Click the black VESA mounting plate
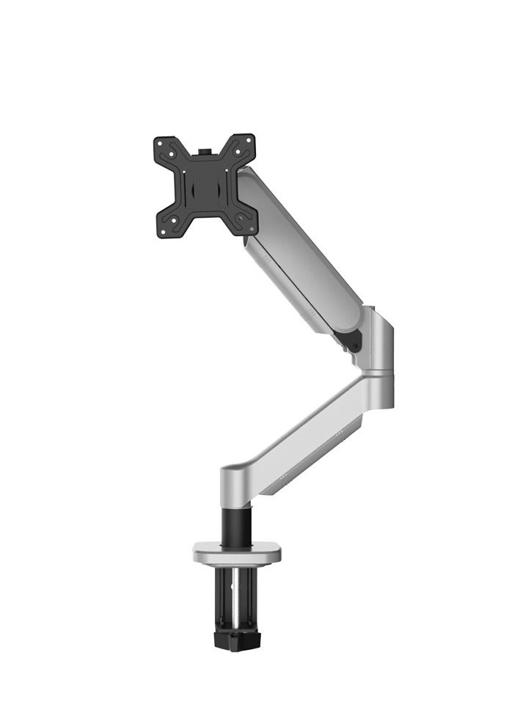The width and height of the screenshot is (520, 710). (205, 185)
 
